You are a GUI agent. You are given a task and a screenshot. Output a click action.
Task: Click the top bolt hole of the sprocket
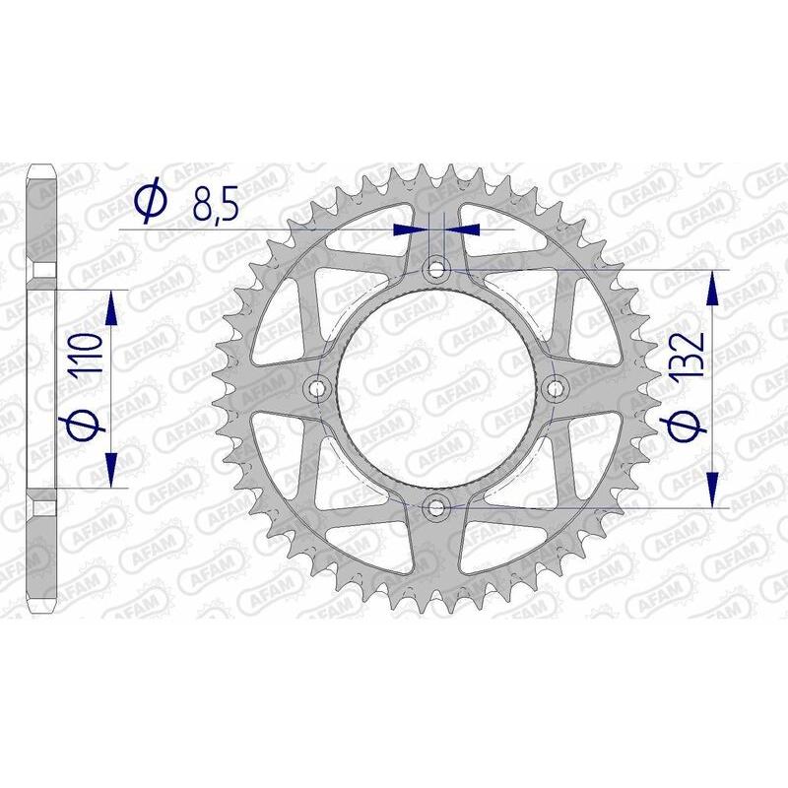click(x=436, y=268)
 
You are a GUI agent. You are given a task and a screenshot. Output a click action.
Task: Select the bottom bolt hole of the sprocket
click(x=436, y=507)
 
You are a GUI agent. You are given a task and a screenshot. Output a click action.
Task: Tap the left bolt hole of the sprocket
click(x=316, y=388)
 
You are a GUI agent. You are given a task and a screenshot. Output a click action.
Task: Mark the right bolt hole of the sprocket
click(x=556, y=388)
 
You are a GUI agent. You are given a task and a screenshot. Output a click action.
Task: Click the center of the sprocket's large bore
click(x=436, y=388)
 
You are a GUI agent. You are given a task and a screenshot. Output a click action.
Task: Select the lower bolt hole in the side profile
click(x=44, y=507)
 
